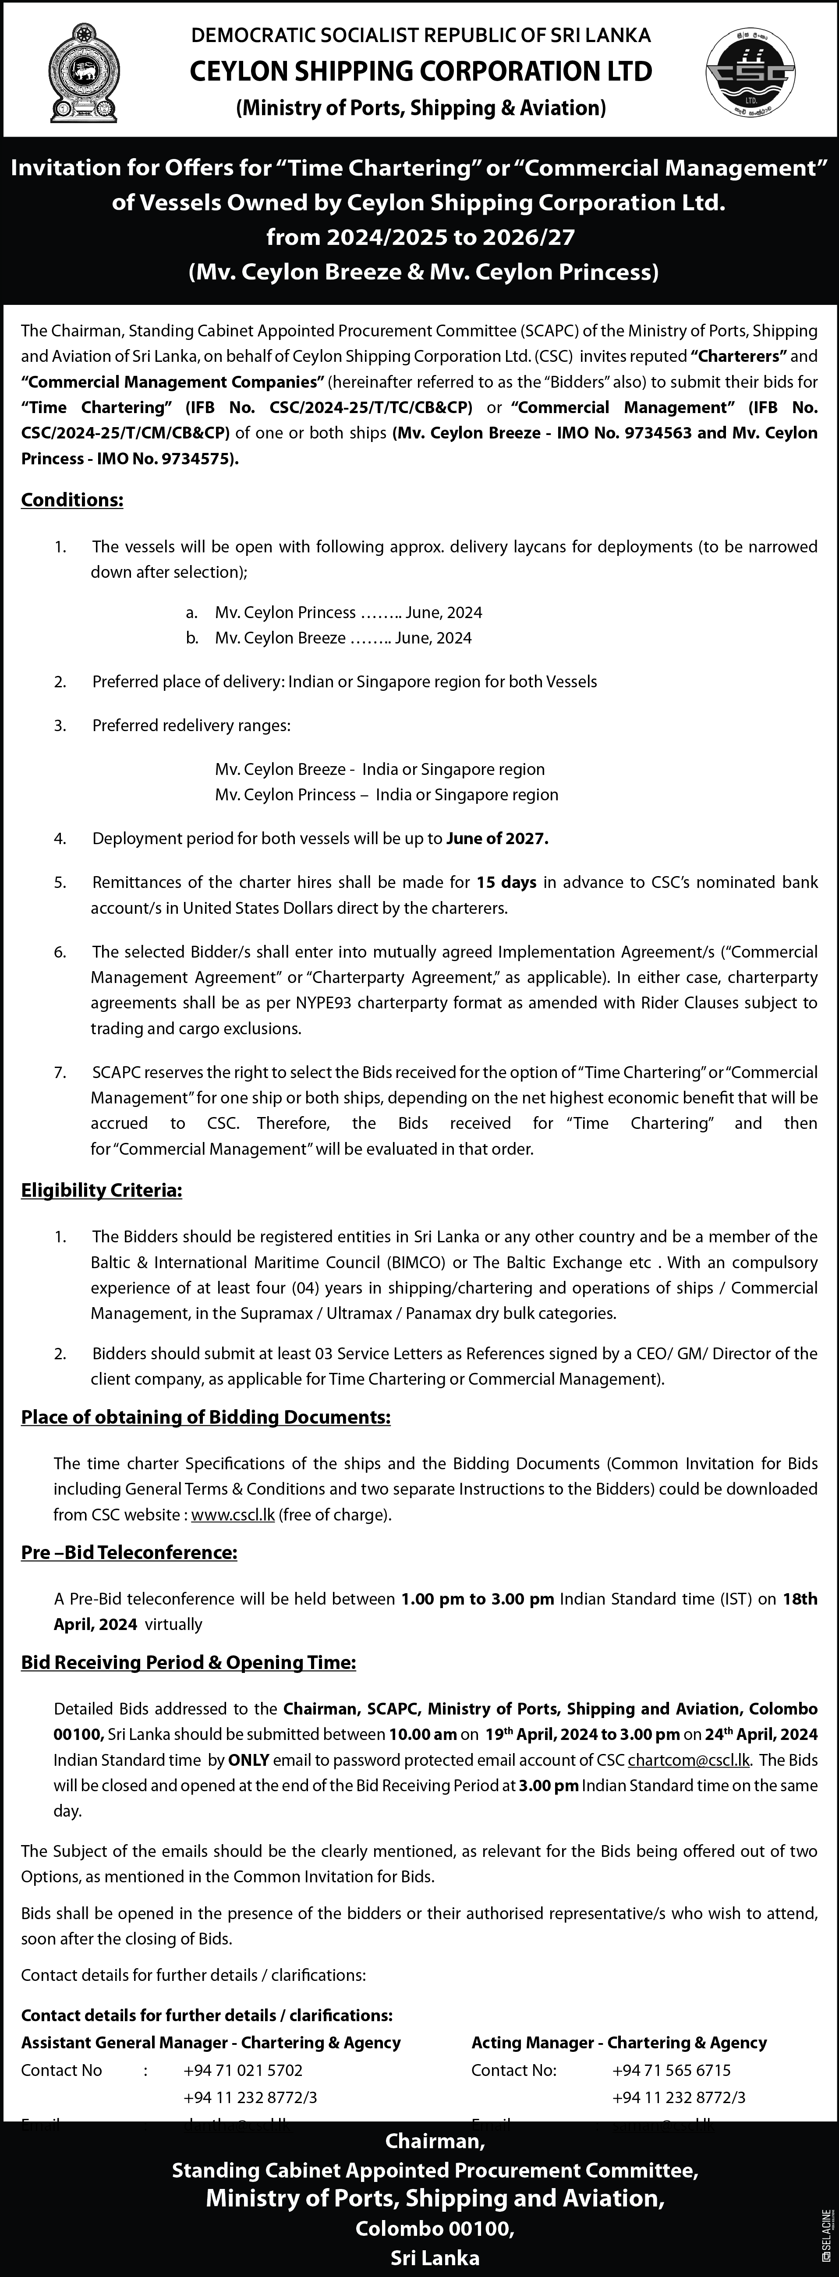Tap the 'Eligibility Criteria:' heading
pyautogui.click(x=102, y=1191)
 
